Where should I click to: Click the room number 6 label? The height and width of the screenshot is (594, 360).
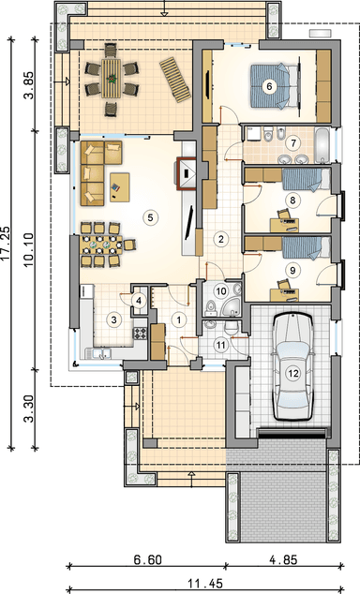pos(269,86)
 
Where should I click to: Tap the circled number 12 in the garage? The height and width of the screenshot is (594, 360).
pos(292,372)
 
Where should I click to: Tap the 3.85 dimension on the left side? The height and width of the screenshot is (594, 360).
pos(29,85)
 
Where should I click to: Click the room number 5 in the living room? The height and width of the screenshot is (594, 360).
pos(147,216)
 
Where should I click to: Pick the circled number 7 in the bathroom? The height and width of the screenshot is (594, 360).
pos(293,143)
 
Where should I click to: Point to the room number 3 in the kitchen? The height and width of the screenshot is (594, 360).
pos(113,319)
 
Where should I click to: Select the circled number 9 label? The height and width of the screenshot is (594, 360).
pos(292,270)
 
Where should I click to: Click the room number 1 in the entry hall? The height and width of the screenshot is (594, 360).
pos(177,319)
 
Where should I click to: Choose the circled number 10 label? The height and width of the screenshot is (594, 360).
pos(220,291)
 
